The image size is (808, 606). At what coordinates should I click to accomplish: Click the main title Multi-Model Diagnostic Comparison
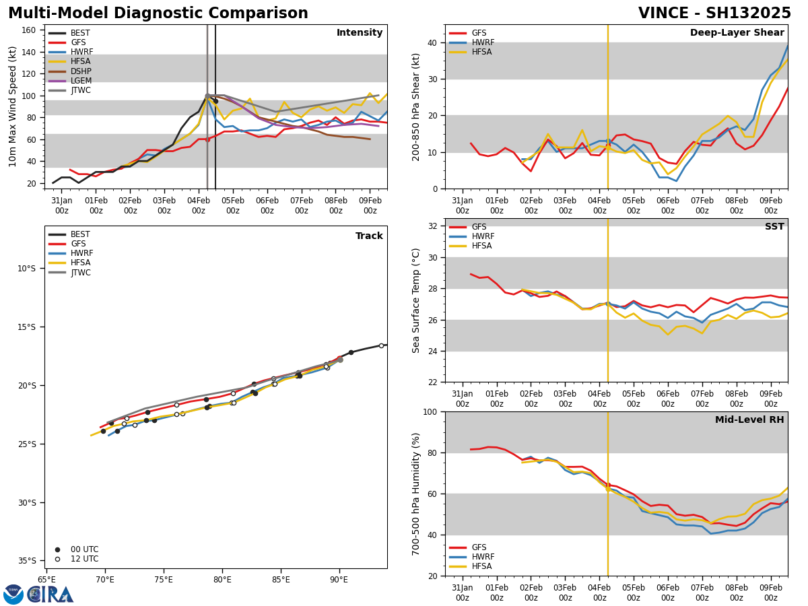pyautogui.click(x=158, y=13)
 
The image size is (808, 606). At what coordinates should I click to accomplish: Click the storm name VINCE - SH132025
pyautogui.click(x=714, y=13)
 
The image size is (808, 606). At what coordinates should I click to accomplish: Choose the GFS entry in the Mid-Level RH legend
pyautogui.click(x=478, y=547)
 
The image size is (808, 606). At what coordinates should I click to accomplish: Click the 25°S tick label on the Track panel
pyautogui.click(x=26, y=444)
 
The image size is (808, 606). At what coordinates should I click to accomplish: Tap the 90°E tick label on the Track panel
pyautogui.click(x=339, y=579)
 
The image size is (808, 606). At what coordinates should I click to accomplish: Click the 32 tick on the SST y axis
pyautogui.click(x=434, y=226)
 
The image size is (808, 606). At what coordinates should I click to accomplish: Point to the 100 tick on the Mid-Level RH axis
pyautogui.click(x=431, y=411)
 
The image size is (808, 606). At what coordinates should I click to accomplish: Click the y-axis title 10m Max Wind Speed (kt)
pyautogui.click(x=12, y=106)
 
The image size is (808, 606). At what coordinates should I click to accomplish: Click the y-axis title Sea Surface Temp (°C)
pyautogui.click(x=416, y=300)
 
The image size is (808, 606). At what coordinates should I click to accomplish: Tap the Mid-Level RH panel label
pyautogui.click(x=749, y=420)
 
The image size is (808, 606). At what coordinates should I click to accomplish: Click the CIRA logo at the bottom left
pyautogui.click(x=39, y=595)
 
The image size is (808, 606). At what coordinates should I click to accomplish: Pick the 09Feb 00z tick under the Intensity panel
pyautogui.click(x=370, y=205)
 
